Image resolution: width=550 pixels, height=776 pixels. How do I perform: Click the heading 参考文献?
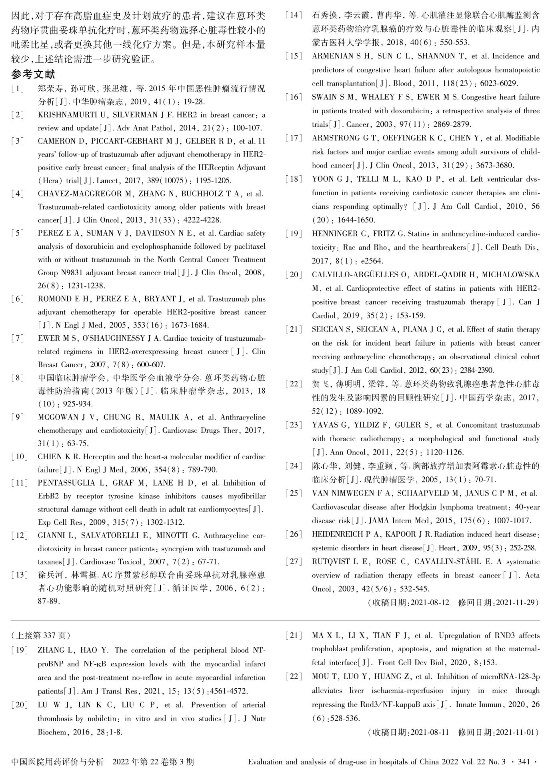[x=33, y=74]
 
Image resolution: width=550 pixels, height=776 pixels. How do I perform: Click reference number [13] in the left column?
[x=20, y=575]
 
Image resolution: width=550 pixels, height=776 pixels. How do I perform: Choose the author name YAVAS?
[x=326, y=425]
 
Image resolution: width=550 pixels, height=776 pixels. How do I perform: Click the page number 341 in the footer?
[x=523, y=762]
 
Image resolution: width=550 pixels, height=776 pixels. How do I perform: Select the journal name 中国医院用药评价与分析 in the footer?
[x=58, y=762]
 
